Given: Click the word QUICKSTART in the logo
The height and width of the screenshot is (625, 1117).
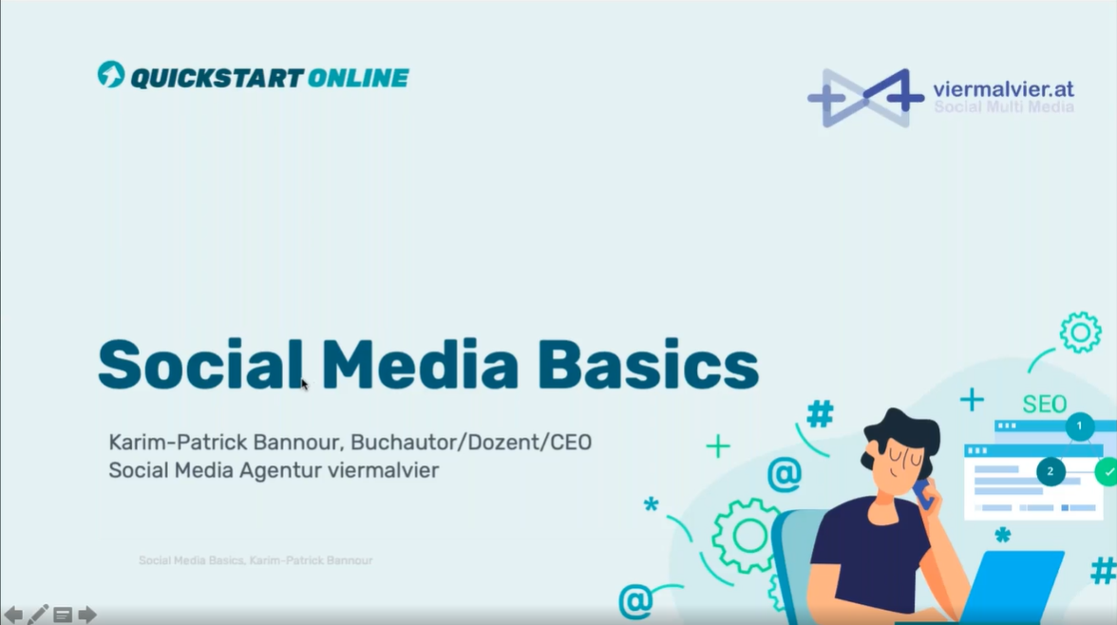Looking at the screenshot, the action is (x=218, y=78).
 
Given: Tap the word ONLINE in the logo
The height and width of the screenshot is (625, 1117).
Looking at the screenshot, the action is (x=358, y=78).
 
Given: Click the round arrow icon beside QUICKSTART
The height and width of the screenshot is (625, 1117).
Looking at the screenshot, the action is (x=111, y=75).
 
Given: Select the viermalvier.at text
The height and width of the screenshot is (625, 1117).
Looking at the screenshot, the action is (x=1003, y=89).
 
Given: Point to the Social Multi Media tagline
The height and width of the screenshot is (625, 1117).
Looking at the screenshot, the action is (x=1004, y=107).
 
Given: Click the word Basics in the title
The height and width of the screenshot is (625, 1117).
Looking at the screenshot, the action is (x=648, y=365).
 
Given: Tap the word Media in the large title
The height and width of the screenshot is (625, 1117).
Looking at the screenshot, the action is (x=420, y=365).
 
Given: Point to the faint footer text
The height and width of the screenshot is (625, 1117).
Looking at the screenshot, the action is (x=256, y=560).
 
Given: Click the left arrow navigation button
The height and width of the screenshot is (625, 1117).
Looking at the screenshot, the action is (x=13, y=615).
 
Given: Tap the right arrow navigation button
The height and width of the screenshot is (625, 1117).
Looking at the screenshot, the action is (x=87, y=615).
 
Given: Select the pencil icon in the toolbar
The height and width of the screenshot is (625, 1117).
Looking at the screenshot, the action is (x=38, y=614).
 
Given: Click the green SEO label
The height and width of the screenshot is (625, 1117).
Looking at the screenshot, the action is (x=1045, y=405).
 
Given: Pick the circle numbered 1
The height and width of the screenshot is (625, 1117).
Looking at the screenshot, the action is (x=1079, y=426).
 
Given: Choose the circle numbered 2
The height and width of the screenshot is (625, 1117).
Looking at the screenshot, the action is (x=1051, y=471).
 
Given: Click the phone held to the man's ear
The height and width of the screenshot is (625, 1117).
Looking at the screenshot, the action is (x=924, y=495).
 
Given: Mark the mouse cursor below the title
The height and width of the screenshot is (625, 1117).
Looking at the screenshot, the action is (x=304, y=385).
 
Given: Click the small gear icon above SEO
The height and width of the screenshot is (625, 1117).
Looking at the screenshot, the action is (x=1080, y=332).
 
